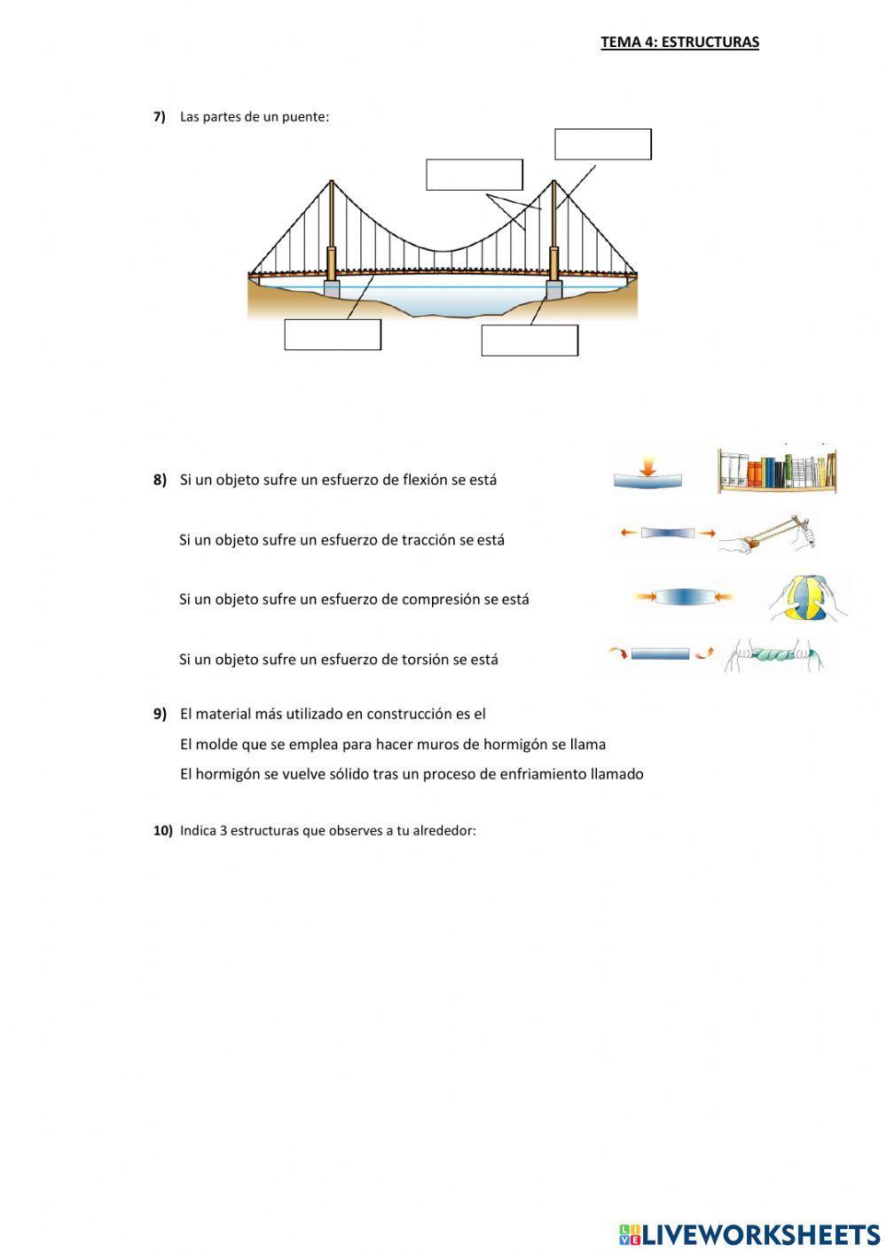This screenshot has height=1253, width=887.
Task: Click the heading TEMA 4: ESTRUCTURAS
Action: (x=679, y=42)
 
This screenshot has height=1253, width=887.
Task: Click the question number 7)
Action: (x=160, y=116)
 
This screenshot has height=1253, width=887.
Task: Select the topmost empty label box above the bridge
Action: (x=603, y=144)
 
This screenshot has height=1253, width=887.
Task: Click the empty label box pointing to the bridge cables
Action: (x=475, y=175)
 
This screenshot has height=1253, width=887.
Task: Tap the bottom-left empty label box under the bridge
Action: (x=333, y=334)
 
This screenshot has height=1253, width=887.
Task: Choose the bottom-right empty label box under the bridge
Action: (x=530, y=341)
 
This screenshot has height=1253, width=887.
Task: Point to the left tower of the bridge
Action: (x=332, y=231)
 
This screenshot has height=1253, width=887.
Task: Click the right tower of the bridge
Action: (x=553, y=231)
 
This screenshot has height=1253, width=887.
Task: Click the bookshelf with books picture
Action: (x=777, y=470)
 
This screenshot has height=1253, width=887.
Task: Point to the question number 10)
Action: (x=162, y=831)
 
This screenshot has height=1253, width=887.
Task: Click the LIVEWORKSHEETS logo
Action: (x=750, y=1233)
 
